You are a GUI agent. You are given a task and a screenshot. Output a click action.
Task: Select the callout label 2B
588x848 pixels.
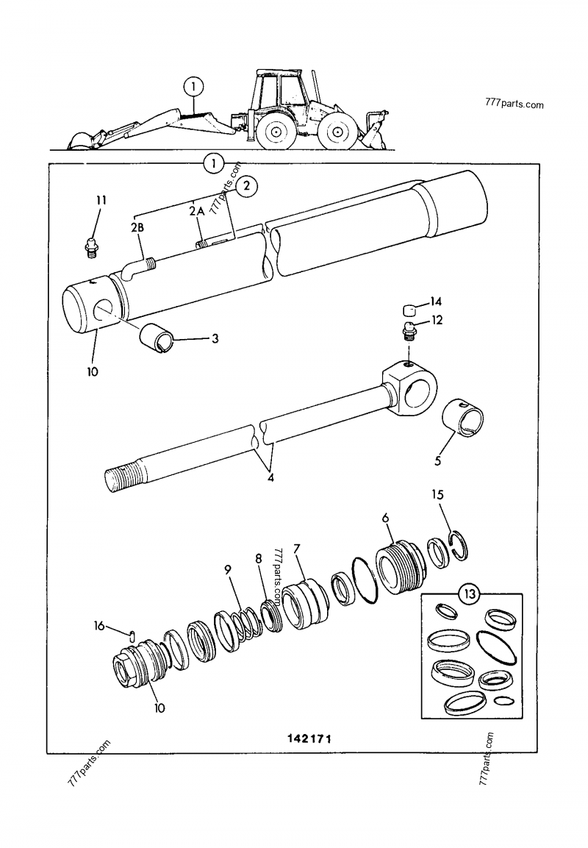[137, 228]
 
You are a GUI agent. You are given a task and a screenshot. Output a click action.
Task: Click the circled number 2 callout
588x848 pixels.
[247, 185]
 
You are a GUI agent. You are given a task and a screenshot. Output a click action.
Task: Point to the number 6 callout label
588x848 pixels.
[384, 518]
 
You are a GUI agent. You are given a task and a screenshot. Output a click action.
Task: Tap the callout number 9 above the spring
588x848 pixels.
[228, 569]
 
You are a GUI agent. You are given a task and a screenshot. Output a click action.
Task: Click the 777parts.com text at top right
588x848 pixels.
[514, 104]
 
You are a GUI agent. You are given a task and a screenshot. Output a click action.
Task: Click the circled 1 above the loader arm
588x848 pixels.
[193, 87]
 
